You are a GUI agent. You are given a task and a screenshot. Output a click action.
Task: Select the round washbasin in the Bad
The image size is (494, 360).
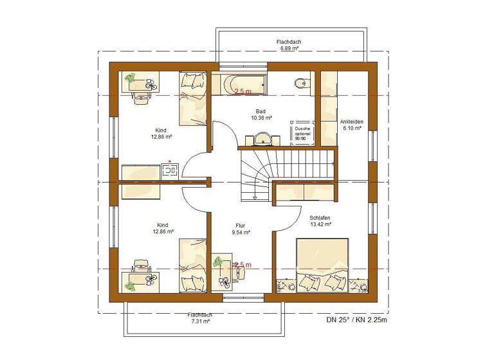pyautogui.click(x=262, y=138)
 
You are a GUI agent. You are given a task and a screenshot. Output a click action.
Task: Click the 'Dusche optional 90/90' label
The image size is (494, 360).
pyautogui.click(x=302, y=133)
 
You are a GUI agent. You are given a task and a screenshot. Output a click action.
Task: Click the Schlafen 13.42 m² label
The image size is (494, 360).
pyautogui.click(x=320, y=221)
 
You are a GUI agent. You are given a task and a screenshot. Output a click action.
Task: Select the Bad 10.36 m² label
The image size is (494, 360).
pyautogui.click(x=261, y=114)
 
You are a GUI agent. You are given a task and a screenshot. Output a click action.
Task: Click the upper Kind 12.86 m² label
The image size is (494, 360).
pyautogui.click(x=161, y=133)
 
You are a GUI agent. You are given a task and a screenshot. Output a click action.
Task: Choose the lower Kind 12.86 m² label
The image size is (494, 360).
pyautogui.click(x=163, y=228)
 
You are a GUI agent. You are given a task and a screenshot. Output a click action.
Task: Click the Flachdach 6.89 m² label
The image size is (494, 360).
pyautogui.click(x=289, y=45)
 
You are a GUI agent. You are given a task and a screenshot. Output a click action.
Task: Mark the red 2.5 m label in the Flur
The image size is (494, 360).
pyautogui.click(x=242, y=264)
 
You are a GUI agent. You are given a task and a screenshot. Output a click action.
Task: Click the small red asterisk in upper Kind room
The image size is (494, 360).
pyautogui.click(x=169, y=161)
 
